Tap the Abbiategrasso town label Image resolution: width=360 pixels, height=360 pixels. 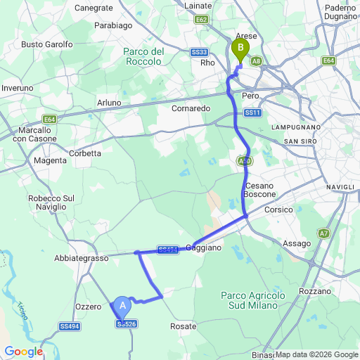[x=81, y=259]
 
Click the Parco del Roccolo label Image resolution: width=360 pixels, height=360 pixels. [x=143, y=56]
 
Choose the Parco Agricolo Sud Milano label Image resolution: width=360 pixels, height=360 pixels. [x=251, y=300]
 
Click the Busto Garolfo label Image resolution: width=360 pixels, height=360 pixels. [x=47, y=44]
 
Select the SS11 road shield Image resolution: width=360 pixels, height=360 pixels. [x=253, y=112]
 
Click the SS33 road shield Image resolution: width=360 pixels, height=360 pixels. [x=199, y=52]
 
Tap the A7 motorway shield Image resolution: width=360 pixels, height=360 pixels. [x=323, y=233]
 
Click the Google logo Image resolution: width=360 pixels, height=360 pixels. [x=23, y=352]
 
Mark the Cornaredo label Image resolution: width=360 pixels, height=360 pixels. [x=191, y=109]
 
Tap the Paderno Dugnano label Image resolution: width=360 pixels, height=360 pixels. [x=342, y=12]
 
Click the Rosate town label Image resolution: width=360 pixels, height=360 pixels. [x=183, y=326]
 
